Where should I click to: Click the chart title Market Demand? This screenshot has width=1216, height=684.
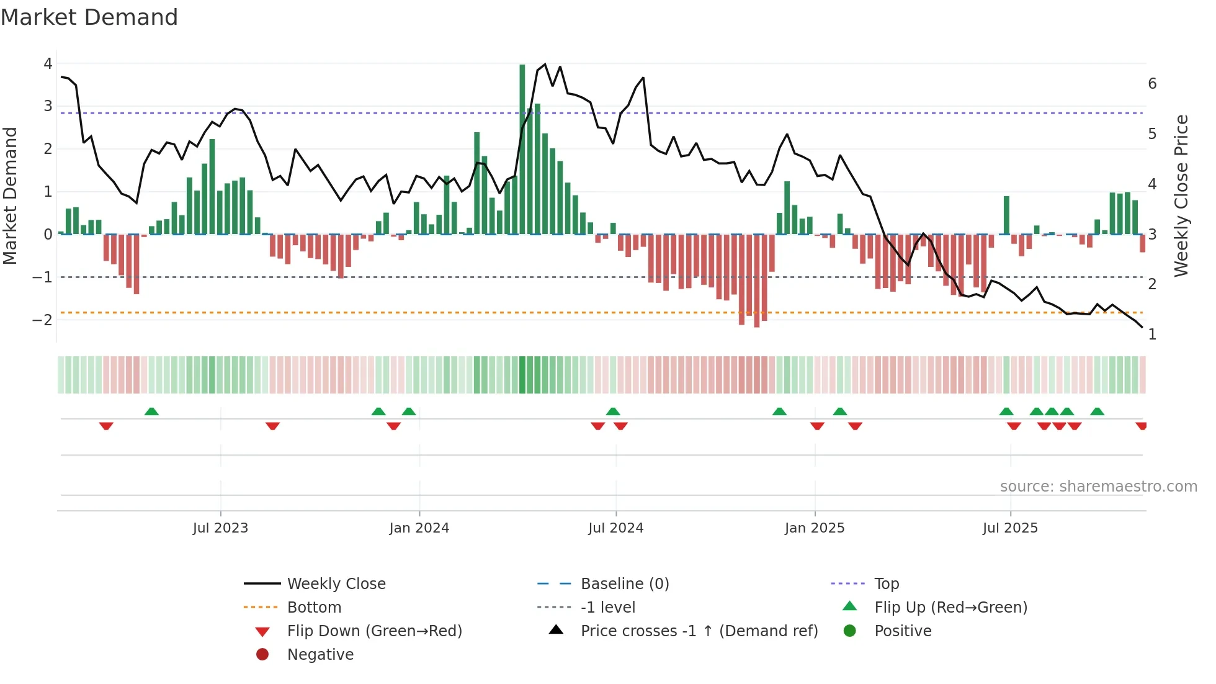[x=89, y=17]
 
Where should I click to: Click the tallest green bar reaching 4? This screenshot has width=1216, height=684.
[x=522, y=149]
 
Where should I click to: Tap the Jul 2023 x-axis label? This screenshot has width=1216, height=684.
[x=220, y=528]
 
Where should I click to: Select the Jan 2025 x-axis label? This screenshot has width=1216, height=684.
[x=815, y=528]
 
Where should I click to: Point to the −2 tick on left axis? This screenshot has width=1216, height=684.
[x=43, y=320]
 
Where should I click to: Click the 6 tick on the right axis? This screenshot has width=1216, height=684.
[x=1152, y=84]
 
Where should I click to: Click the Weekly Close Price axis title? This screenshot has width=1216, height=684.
[x=1181, y=196]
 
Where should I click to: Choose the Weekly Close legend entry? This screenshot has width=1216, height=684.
[x=336, y=584]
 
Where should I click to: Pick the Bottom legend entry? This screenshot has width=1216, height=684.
[x=314, y=608]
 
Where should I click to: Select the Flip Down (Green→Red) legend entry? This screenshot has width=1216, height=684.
[x=374, y=631]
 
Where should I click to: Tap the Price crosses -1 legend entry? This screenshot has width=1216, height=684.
[x=699, y=631]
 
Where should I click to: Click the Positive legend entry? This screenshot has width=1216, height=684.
[x=903, y=631]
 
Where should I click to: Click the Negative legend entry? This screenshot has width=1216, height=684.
[x=320, y=655]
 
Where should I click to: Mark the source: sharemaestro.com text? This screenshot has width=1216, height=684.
[x=1098, y=487]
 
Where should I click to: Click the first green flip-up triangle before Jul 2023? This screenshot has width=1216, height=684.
[x=151, y=412]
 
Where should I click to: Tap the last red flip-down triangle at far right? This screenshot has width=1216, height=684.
[x=1141, y=426]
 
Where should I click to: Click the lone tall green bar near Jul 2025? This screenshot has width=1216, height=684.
[x=1006, y=215]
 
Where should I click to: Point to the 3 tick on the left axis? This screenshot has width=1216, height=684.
[x=48, y=106]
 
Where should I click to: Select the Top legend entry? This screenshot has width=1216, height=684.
[x=887, y=584]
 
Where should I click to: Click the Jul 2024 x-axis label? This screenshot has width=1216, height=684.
[x=615, y=528]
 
